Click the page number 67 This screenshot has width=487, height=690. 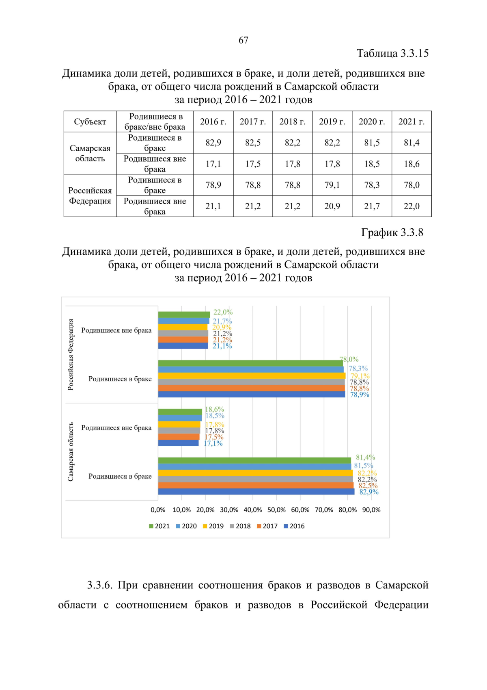point(243,40)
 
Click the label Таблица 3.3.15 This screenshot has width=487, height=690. point(392,53)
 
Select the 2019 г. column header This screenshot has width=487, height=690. point(332,122)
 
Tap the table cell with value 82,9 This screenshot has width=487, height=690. point(213,143)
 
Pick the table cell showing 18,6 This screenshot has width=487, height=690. point(412,164)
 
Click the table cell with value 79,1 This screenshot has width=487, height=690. point(332,185)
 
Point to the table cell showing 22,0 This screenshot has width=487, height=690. point(412,206)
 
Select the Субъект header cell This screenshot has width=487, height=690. point(90,122)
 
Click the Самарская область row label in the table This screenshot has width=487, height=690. point(90,153)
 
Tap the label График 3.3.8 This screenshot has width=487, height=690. point(392,232)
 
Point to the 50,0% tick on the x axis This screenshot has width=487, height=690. point(276,510)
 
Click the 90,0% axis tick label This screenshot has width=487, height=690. point(371,510)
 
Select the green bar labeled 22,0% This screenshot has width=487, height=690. point(184,315)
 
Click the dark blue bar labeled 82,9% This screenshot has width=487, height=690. point(256,492)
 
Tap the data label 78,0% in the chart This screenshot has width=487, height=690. point(349,360)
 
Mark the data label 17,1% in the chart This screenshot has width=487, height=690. point(213,443)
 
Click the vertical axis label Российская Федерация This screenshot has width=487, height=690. point(71,354)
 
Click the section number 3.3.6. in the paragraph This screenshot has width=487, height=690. point(99,585)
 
